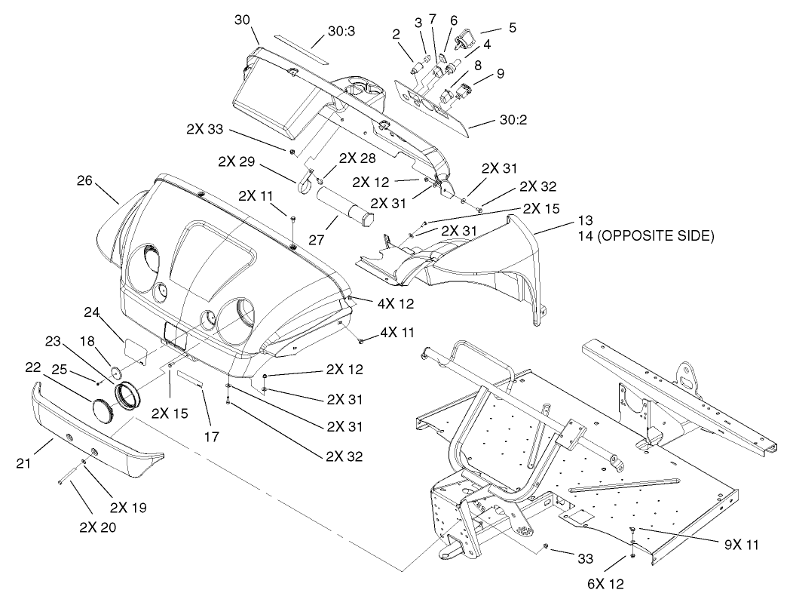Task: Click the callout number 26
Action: (x=86, y=180)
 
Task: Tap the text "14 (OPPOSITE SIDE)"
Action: (x=646, y=236)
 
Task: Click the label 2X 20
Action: (x=97, y=527)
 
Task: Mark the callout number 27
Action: (x=310, y=223)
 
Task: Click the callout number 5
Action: (x=512, y=27)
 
